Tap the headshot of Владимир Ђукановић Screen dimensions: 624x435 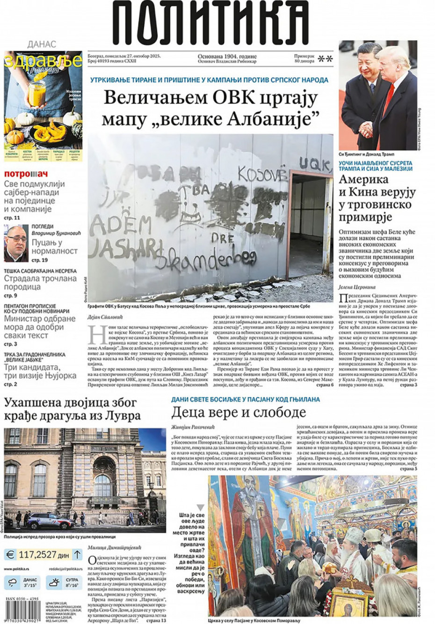pos(16,243)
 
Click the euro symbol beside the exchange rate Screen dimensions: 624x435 pos(10,555)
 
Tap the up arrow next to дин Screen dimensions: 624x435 pos(77,555)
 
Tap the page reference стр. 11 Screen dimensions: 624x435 pos(12,218)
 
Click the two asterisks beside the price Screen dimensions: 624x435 pos(325,59)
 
